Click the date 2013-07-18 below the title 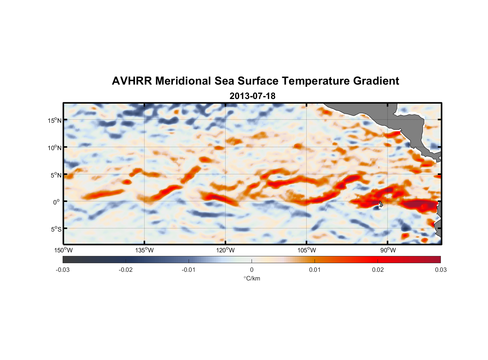(252, 96)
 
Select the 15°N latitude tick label (55, 120)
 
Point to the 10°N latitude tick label (55, 148)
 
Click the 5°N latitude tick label (56, 175)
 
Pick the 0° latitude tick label (57, 202)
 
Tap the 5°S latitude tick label (56, 229)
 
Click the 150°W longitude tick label (63, 250)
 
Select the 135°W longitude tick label (144, 250)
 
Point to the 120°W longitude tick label (225, 250)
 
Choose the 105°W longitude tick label (307, 250)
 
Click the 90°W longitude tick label (388, 250)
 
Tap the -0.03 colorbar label (63, 270)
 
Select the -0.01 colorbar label (189, 270)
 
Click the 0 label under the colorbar (252, 270)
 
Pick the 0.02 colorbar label (378, 270)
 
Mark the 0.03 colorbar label (440, 270)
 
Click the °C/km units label (252, 278)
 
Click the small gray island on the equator (381, 204)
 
